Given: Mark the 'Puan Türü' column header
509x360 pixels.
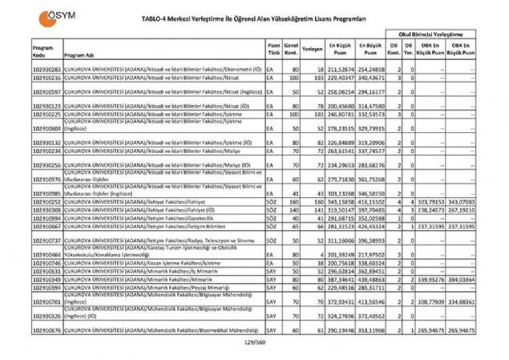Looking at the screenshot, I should [274, 50].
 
